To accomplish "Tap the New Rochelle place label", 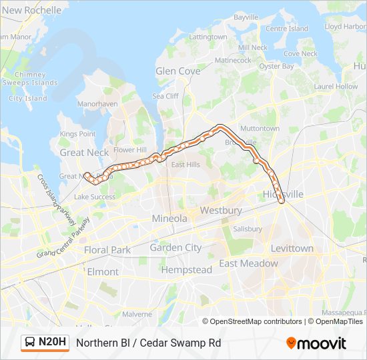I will coord(32,10).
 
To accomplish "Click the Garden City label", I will coord(175,247).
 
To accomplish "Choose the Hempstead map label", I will coord(186,270).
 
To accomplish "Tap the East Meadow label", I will coord(248,263).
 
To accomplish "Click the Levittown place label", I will coord(292,248).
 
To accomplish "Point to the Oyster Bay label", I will coord(276,66).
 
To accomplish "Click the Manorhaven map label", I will coord(97,104).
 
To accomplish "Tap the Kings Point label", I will coord(77,134).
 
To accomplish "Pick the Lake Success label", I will coord(95,197).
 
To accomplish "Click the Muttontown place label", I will coord(260,128).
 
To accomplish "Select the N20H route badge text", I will coord(53,343).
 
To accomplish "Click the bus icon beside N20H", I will coord(31,343).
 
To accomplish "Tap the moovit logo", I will coord(316,343).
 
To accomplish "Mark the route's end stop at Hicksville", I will coord(282,201).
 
